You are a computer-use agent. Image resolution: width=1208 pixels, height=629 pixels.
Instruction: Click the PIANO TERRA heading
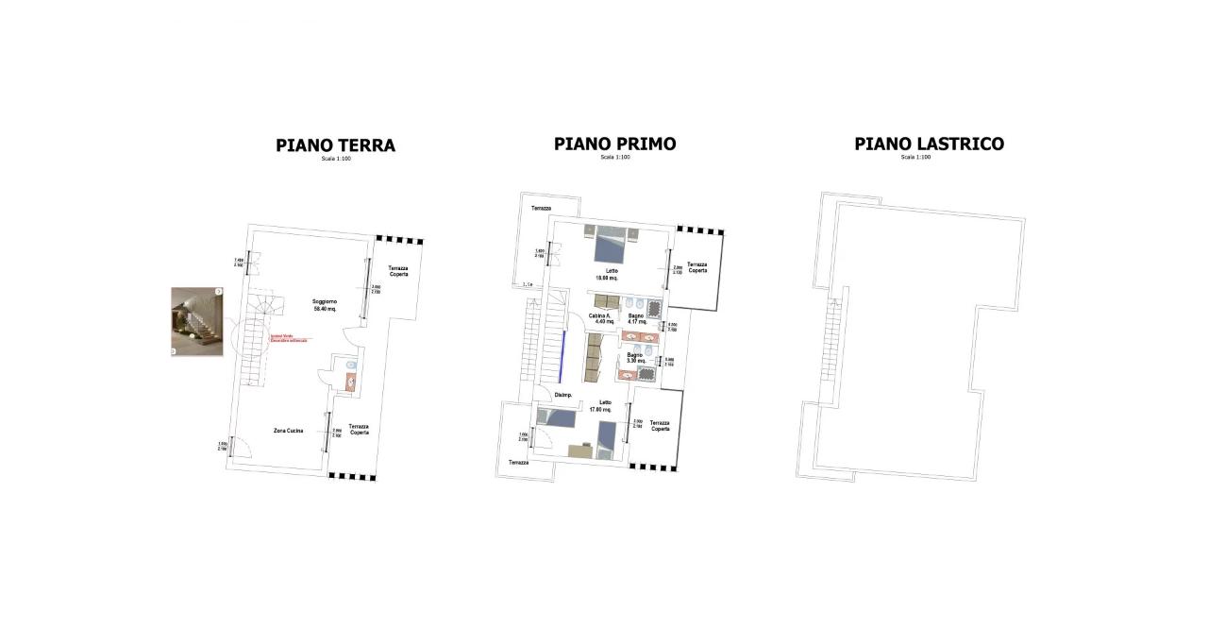coord(335,145)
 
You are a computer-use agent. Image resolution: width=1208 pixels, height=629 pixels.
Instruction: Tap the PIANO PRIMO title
coord(614,144)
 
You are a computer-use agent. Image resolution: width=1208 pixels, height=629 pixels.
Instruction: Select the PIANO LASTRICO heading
coord(929,144)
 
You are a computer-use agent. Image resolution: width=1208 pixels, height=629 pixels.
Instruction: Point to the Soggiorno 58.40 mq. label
coord(325,304)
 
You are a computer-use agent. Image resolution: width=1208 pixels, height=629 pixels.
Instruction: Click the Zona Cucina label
coord(288,431)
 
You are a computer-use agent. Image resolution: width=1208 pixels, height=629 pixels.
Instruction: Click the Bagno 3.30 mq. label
coord(635,358)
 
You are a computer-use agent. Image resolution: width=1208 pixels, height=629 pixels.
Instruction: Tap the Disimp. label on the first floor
coord(563,395)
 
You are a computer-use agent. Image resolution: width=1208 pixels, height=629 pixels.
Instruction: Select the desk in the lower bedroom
coord(579,451)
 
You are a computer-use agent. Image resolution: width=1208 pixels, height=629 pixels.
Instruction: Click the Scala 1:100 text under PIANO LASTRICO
coord(915,158)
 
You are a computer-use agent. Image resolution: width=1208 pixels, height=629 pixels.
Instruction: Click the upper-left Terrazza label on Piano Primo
coord(541,209)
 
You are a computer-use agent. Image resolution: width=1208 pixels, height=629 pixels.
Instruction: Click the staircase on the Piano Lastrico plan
coord(832,340)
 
